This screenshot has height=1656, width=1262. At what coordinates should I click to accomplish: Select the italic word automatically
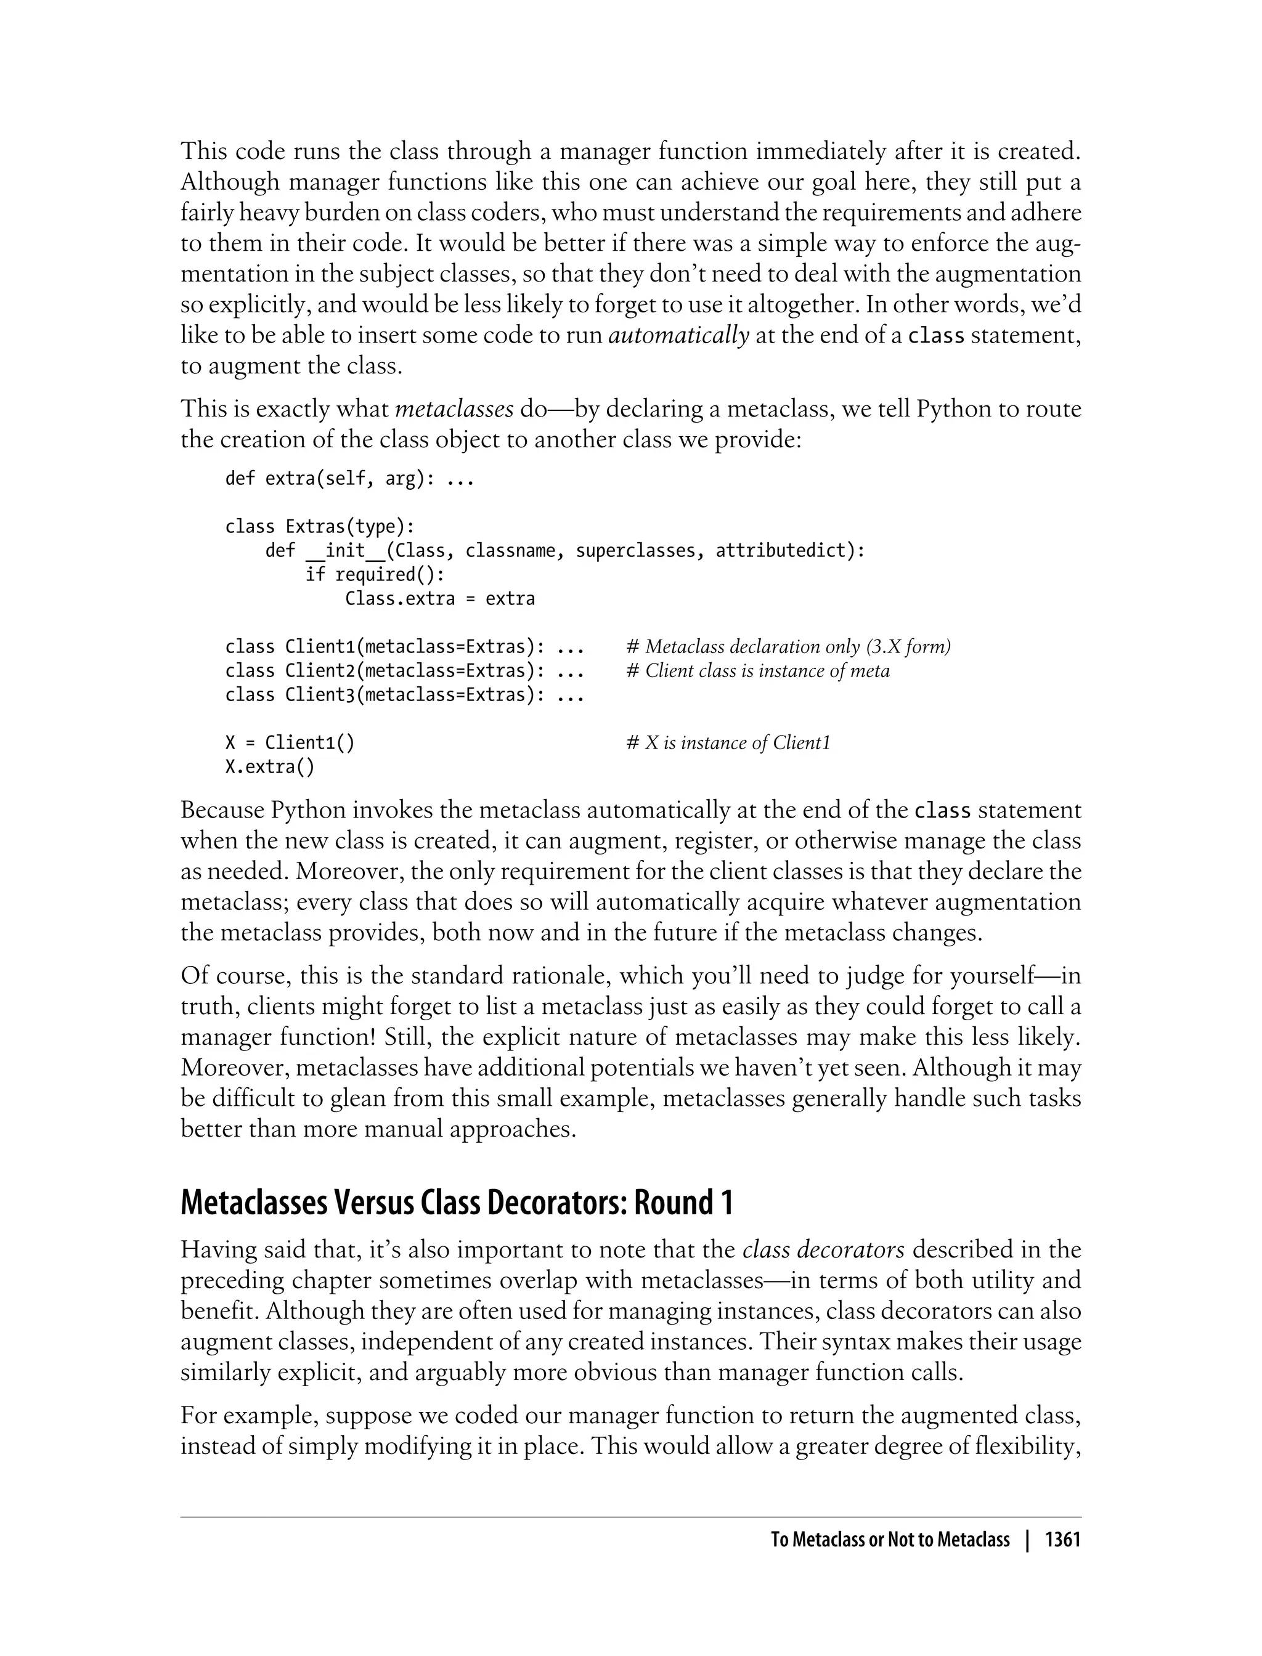678,335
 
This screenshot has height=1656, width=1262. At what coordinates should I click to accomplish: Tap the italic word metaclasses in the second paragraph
454,409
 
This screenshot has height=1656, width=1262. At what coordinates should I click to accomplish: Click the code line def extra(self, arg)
349,479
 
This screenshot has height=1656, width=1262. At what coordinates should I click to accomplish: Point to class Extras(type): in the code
320,527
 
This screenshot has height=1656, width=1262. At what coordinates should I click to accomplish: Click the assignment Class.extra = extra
439,599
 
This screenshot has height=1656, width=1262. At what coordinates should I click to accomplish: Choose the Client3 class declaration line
404,695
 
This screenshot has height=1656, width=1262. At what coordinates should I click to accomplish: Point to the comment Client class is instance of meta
758,671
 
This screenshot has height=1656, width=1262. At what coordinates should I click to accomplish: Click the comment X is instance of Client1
728,743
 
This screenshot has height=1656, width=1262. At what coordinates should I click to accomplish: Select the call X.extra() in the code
270,767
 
